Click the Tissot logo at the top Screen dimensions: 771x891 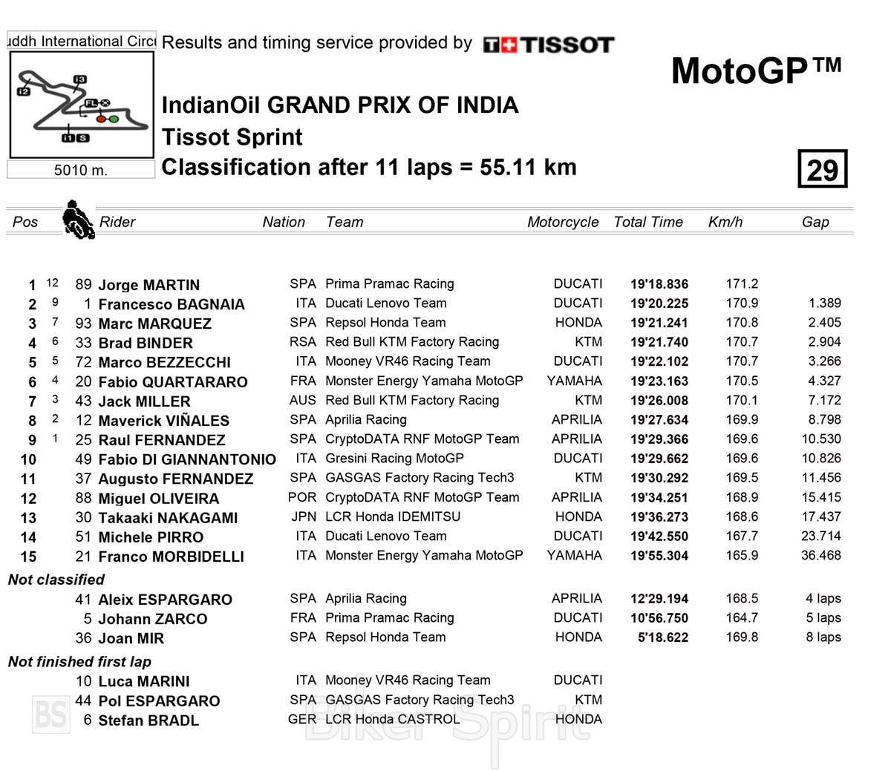(549, 45)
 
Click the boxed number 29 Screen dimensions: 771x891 (822, 170)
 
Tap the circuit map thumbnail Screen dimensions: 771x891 (81, 105)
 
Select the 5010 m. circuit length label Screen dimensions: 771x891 (80, 170)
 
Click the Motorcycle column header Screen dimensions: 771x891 (562, 222)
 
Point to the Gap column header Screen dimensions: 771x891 (815, 222)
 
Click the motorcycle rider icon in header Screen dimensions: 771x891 (77, 219)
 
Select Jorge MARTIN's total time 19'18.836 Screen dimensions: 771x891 (659, 284)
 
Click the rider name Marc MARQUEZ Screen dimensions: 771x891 (154, 324)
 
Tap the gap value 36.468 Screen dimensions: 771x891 (820, 555)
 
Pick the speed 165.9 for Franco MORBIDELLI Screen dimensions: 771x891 (742, 555)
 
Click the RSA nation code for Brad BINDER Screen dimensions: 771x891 (302, 342)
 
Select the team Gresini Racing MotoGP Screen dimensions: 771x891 (394, 459)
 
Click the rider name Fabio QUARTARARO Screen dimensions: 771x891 (172, 381)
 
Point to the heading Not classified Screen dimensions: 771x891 (56, 580)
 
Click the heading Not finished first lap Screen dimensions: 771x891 (79, 662)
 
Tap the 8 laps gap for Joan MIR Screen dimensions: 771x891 (823, 637)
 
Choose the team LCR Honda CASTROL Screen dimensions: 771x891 (392, 719)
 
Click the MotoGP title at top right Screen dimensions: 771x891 (756, 71)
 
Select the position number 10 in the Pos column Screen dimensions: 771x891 (28, 459)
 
